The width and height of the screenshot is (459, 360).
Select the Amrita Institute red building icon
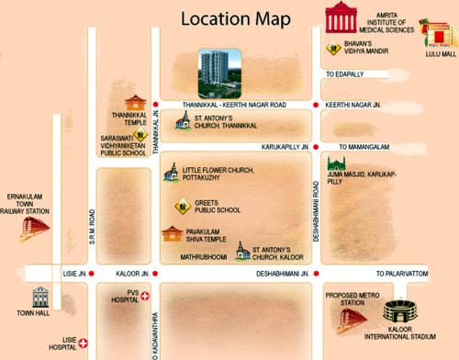[x=342, y=20]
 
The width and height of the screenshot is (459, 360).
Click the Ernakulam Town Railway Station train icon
[x=29, y=218]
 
